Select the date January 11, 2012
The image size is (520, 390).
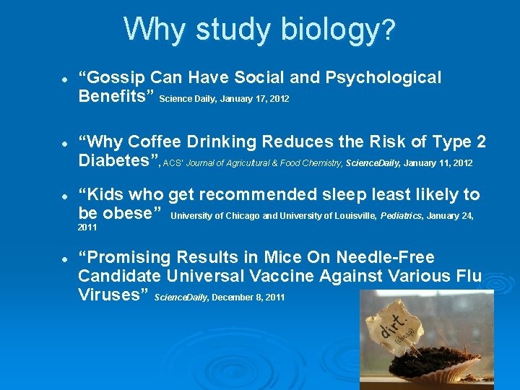pos(438,163)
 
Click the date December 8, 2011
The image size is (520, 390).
pos(248,298)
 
